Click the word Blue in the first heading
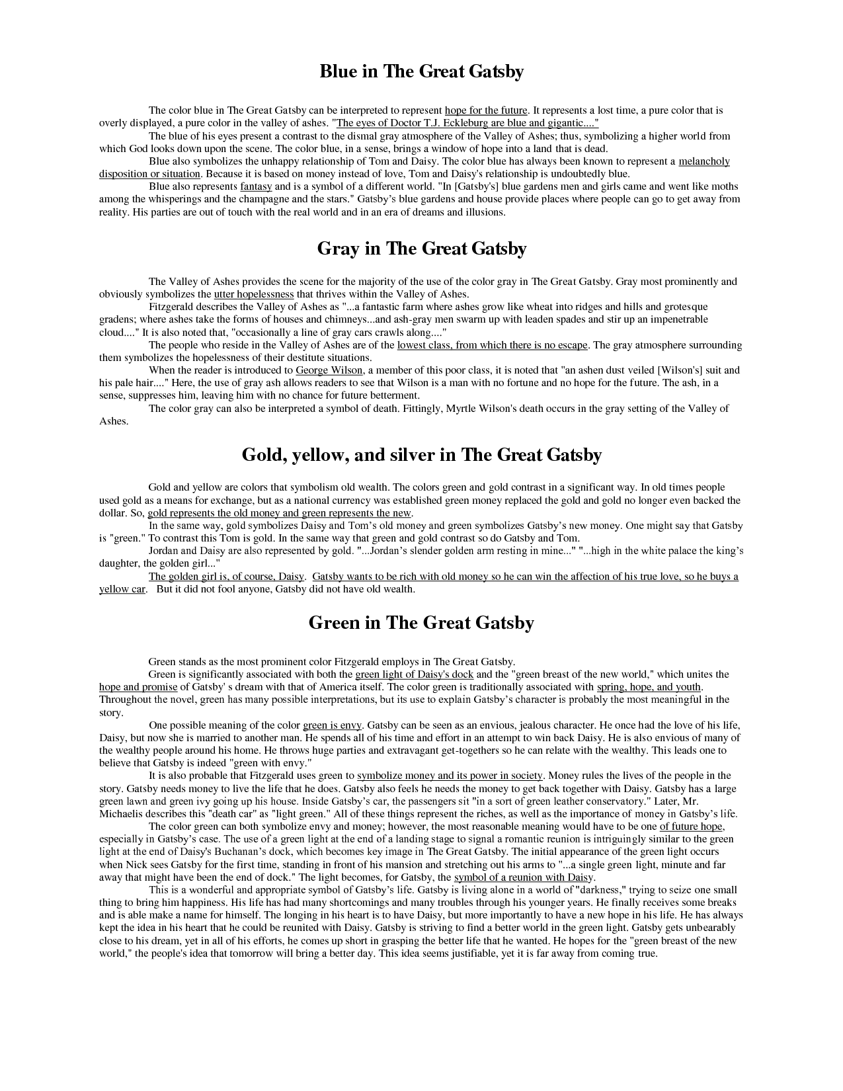338,71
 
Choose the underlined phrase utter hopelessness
254,294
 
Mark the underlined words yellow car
122,589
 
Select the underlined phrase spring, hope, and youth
649,687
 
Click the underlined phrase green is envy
332,725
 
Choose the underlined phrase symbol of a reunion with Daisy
524,877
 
